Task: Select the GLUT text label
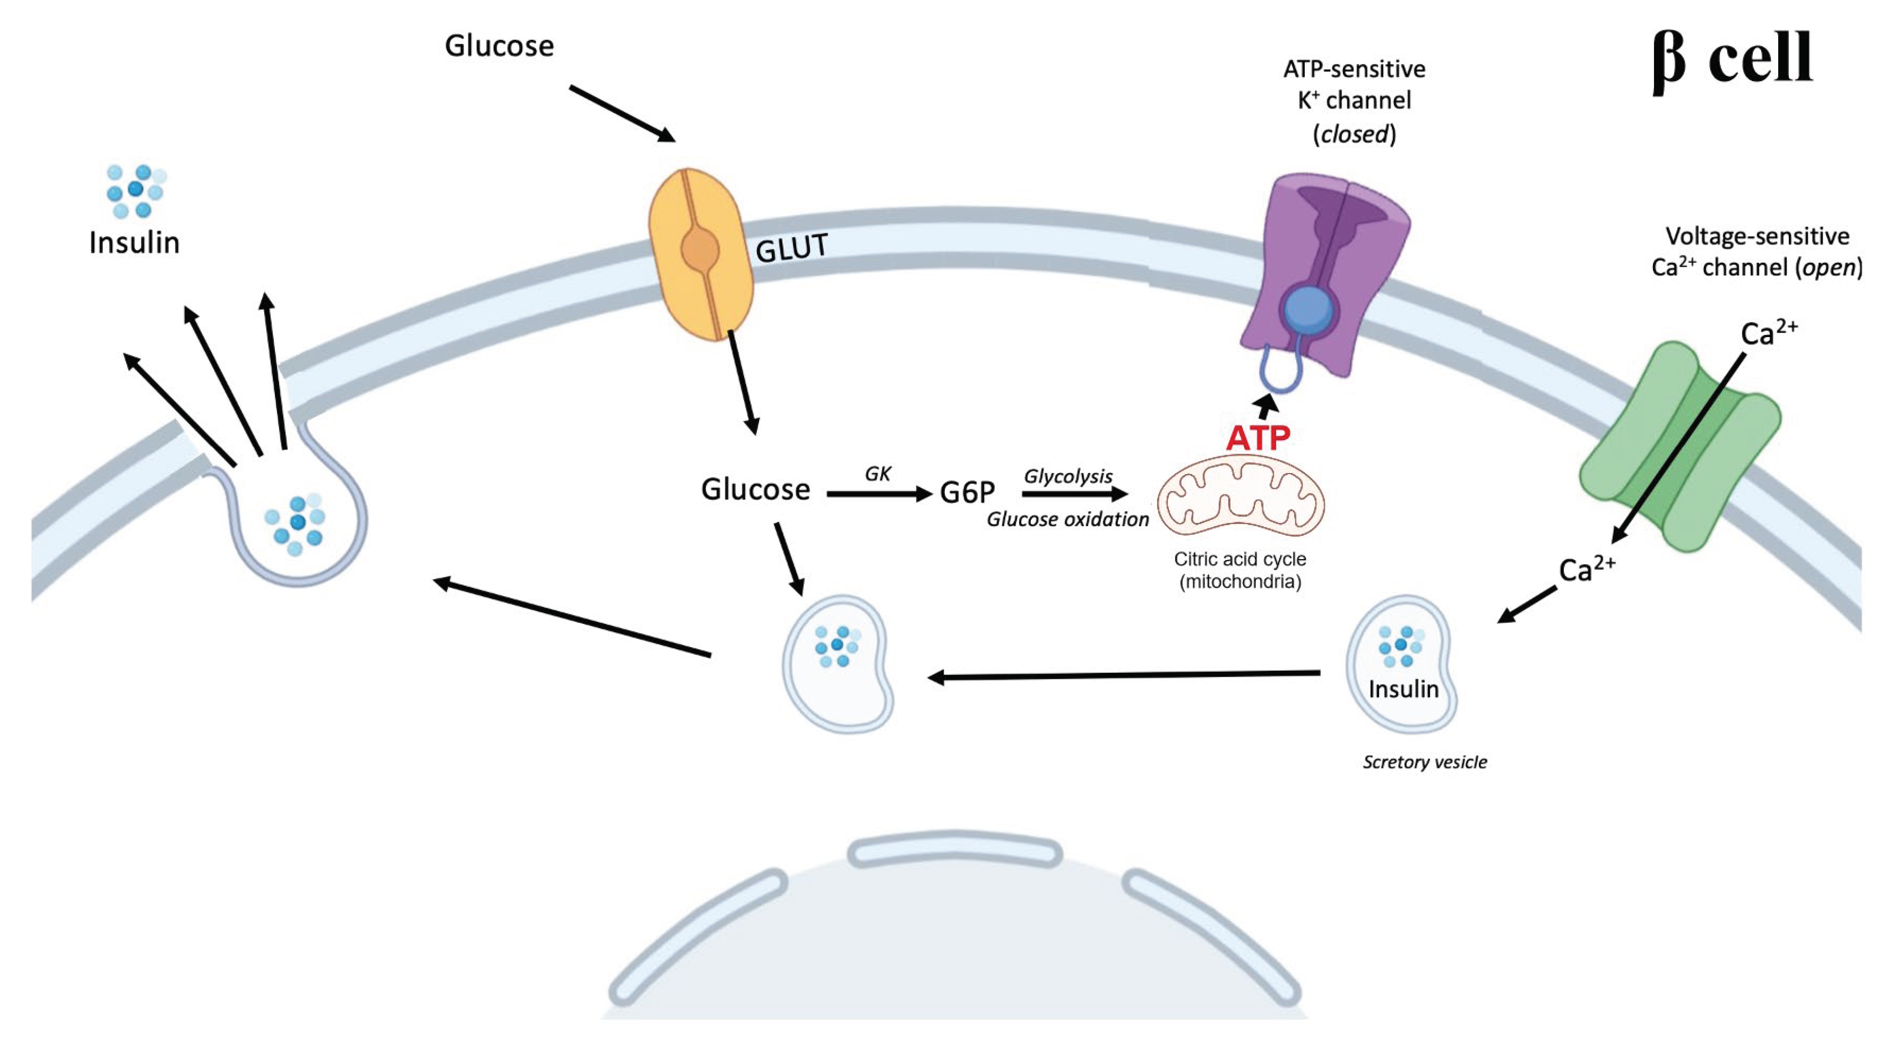click(x=792, y=249)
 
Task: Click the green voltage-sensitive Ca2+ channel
click(x=1679, y=446)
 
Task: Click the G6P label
click(x=967, y=493)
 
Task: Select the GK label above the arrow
click(x=878, y=474)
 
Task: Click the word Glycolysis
click(x=1068, y=476)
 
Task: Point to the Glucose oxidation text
click(x=1068, y=519)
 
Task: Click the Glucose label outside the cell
click(x=499, y=46)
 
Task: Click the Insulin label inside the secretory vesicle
click(x=1402, y=689)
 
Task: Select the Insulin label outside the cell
click(x=134, y=242)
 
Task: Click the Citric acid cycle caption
click(x=1240, y=560)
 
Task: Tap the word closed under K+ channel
click(x=1355, y=134)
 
